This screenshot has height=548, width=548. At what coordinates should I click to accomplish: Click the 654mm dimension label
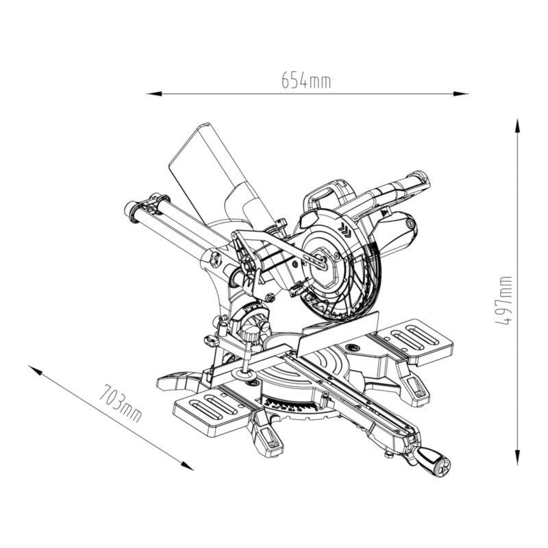[306, 80]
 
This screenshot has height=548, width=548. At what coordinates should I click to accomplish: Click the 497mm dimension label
[503, 301]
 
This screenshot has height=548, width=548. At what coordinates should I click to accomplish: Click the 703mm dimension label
[121, 403]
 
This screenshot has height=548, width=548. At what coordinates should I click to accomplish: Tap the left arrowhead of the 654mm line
[153, 94]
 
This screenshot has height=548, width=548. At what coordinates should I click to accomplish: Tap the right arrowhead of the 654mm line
[460, 94]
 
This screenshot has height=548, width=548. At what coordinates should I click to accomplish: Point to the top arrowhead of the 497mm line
[518, 126]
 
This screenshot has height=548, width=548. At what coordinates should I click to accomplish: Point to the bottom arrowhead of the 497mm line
[518, 458]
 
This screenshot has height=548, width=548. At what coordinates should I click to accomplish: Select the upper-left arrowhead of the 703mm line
[36, 371]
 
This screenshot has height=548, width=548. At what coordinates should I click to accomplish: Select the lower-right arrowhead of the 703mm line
[187, 466]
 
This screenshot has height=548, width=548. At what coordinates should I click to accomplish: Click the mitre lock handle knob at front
[433, 460]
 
